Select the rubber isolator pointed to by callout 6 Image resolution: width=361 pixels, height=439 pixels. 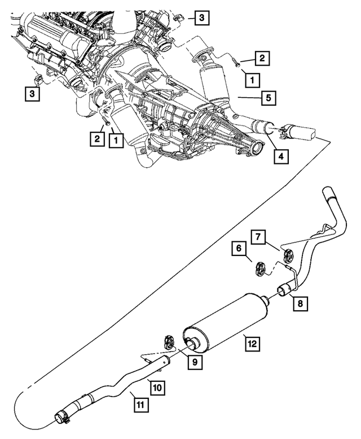point(261,266)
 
